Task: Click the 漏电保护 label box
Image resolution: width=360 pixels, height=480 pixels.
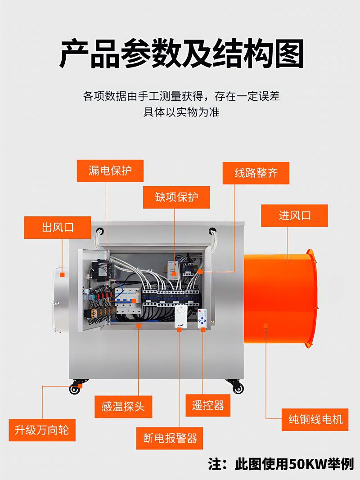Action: [110, 171]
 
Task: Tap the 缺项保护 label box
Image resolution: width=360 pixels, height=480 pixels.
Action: [176, 197]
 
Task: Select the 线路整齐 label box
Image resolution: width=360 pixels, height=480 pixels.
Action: [256, 173]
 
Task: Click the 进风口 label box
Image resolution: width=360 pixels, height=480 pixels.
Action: [294, 215]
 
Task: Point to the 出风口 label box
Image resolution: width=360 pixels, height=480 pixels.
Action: [58, 228]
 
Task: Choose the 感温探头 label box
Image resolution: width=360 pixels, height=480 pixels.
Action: [123, 407]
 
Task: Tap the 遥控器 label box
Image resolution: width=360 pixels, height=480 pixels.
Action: [208, 405]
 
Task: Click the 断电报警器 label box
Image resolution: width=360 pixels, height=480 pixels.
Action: [170, 438]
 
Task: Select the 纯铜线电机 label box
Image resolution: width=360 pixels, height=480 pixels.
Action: [315, 419]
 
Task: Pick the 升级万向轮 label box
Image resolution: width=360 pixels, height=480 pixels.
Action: [42, 430]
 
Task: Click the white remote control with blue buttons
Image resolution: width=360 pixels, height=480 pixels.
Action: [202, 319]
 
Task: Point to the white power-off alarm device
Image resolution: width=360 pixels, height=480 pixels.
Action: [180, 317]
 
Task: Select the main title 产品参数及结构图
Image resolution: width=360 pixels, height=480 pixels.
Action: [182, 54]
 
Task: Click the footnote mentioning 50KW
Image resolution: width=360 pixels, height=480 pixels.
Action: [281, 464]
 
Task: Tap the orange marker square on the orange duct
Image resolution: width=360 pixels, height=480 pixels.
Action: [265, 325]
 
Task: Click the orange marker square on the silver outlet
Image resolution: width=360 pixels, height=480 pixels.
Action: [62, 274]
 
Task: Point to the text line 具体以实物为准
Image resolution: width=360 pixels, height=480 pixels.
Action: [181, 112]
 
